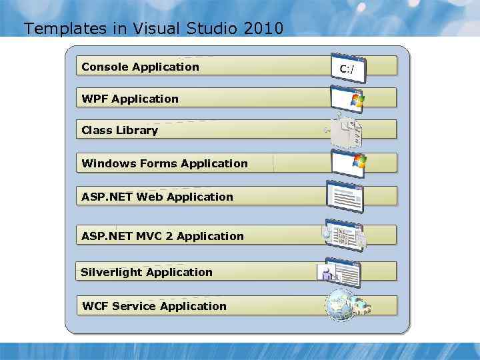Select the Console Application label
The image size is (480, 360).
[140, 67]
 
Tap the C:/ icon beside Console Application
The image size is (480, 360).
[347, 67]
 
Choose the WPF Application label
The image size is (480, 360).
[130, 99]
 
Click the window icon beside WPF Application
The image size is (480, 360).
[348, 99]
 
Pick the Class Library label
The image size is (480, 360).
[119, 130]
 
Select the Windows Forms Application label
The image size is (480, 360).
[164, 163]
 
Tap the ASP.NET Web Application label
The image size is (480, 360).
[157, 197]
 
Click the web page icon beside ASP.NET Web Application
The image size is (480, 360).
[345, 196]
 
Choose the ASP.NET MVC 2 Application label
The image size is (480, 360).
[163, 236]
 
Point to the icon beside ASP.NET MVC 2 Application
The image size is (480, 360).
[344, 235]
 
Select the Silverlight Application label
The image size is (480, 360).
[146, 272]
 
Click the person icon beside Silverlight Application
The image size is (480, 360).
[327, 273]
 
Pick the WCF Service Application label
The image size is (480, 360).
[154, 306]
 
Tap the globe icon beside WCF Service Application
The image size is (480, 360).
[339, 305]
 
